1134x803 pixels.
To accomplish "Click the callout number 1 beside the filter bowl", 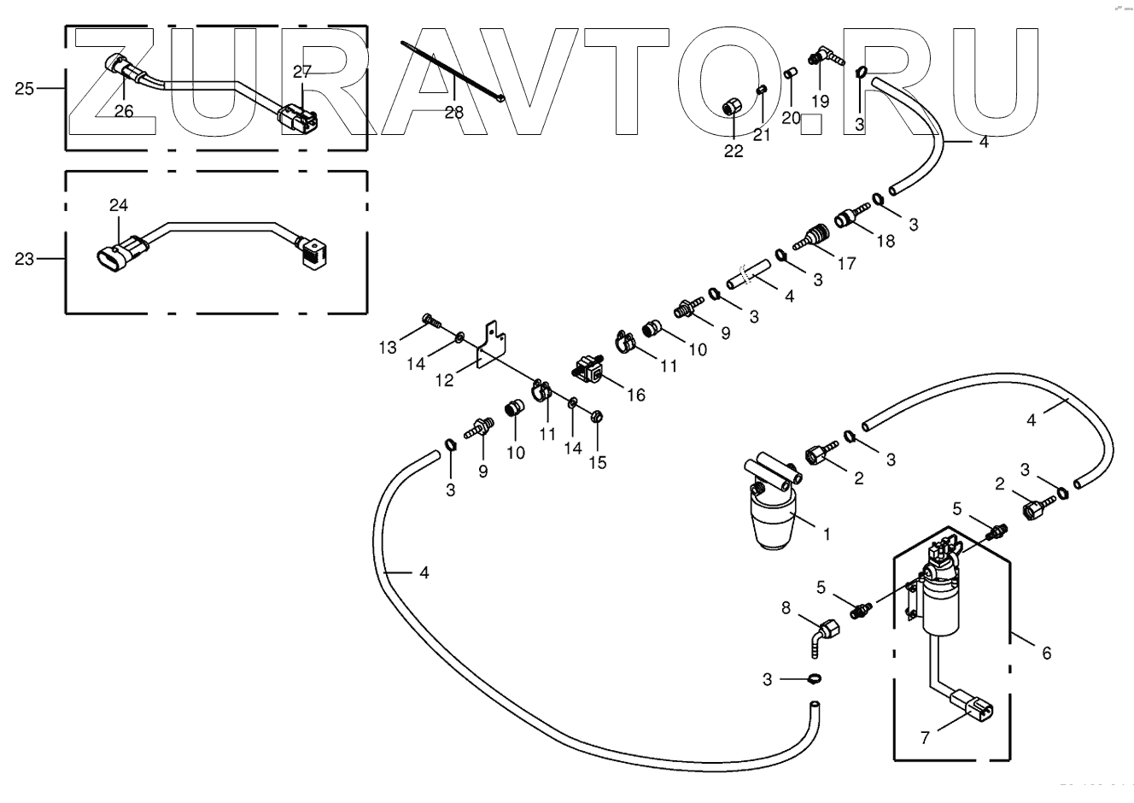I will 827,535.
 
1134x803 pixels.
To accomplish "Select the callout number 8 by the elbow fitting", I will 786,608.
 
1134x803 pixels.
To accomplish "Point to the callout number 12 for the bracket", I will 445,381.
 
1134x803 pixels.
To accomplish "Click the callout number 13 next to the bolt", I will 389,347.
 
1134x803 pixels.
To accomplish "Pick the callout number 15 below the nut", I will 597,462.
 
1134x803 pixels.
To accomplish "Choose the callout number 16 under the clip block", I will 635,395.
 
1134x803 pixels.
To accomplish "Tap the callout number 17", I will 845,264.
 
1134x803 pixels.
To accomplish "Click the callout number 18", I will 885,241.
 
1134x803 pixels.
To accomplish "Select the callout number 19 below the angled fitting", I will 820,101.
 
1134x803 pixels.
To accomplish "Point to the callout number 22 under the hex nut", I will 734,152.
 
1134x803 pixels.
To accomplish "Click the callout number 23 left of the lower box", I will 24,259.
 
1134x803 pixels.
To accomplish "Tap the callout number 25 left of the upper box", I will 24,88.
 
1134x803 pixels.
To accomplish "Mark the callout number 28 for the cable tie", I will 453,113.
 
